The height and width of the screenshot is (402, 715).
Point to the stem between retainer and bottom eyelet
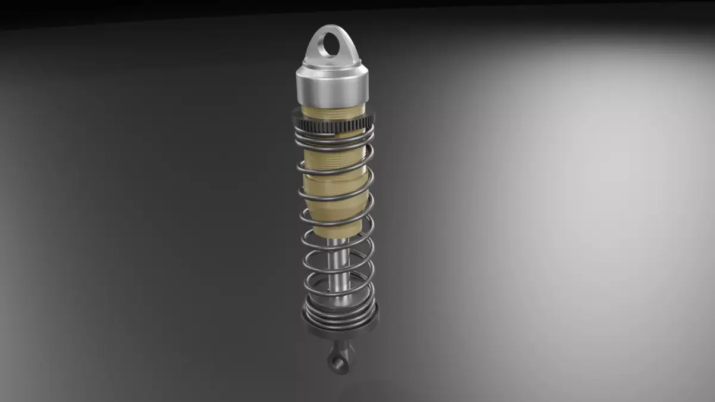coord(341,344)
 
